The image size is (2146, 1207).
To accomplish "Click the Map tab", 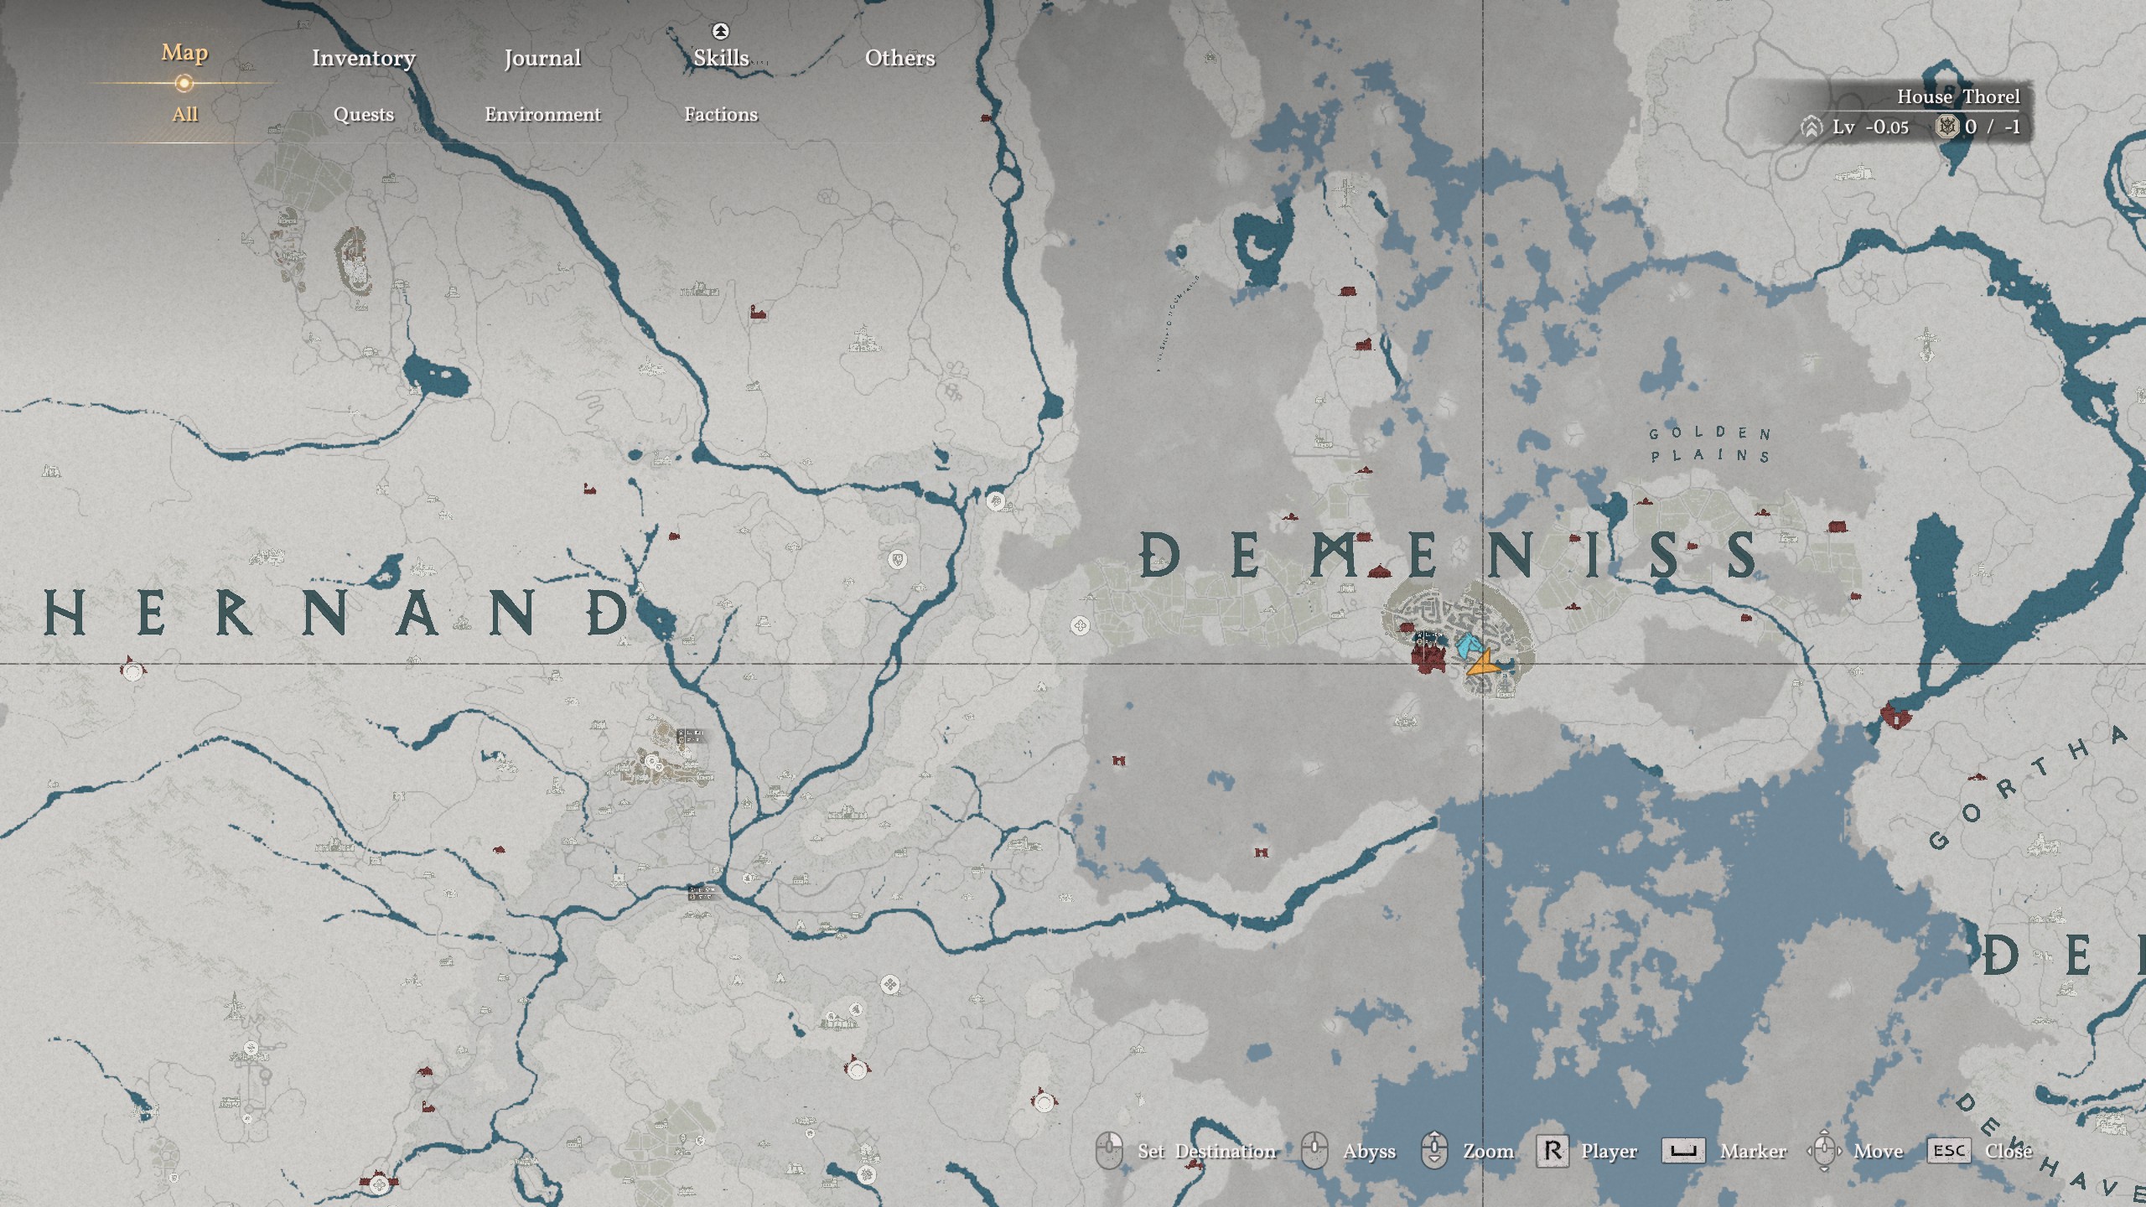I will tap(184, 53).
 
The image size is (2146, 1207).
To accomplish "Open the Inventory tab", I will tap(363, 58).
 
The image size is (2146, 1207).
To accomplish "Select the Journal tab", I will tap(542, 58).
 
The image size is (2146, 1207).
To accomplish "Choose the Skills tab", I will tap(721, 58).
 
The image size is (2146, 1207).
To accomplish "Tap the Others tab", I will tap(899, 58).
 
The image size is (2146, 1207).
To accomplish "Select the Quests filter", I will tap(363, 114).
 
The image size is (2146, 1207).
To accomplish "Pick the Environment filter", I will tap(542, 114).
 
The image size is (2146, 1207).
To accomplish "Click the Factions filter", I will tap(721, 114).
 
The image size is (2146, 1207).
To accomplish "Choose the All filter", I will tap(184, 114).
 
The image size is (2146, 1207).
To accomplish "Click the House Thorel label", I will tap(1958, 97).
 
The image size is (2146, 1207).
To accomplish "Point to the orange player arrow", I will tap(1482, 666).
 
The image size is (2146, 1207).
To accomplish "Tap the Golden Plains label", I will tap(1710, 444).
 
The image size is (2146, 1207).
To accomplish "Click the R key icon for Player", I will tap(1552, 1151).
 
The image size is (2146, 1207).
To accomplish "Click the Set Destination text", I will tap(1206, 1151).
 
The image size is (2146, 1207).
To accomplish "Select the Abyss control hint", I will tap(1368, 1151).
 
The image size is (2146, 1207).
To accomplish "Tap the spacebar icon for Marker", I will tap(1683, 1151).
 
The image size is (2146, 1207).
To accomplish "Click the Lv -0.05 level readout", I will tap(1869, 127).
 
